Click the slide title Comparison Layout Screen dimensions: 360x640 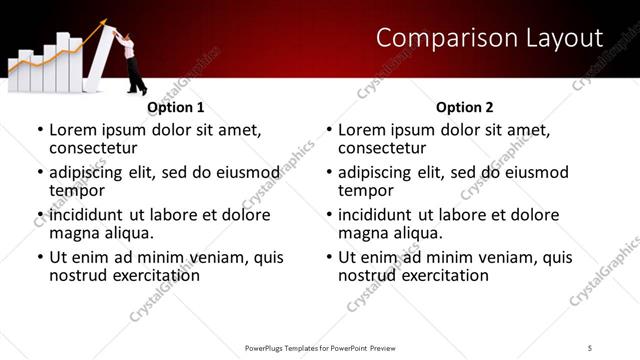point(489,39)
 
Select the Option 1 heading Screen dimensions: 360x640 point(175,107)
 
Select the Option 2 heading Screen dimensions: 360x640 point(465,107)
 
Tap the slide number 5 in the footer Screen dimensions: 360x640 point(590,347)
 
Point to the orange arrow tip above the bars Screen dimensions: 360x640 point(106,25)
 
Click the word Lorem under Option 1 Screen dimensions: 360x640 point(73,130)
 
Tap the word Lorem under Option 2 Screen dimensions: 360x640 point(362,130)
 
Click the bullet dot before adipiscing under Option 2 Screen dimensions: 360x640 point(329,173)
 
